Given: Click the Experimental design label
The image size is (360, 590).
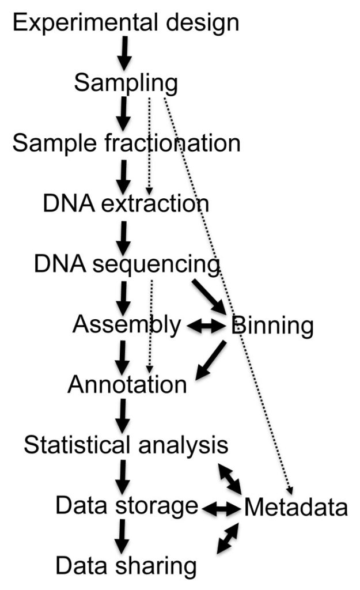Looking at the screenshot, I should [x=126, y=22].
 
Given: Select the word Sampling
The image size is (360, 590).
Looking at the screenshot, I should [x=126, y=84].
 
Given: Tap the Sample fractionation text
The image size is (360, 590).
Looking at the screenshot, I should [x=126, y=143].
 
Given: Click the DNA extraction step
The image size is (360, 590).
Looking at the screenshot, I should [x=126, y=203].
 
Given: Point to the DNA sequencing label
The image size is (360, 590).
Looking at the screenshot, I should [x=127, y=264].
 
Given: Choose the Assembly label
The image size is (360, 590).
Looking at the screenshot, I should [x=126, y=325].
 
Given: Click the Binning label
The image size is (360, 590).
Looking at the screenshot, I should [x=272, y=326].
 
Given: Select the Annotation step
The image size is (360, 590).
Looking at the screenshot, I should [x=127, y=384].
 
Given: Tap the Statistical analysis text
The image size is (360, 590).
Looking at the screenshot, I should [x=126, y=445].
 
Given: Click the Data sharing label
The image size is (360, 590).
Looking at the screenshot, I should [x=126, y=566].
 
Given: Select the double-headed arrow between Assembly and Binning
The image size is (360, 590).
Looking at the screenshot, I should [x=206, y=327].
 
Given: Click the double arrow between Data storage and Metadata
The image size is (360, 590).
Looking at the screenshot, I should [x=221, y=508].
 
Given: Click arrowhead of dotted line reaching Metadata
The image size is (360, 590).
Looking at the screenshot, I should [x=290, y=489].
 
